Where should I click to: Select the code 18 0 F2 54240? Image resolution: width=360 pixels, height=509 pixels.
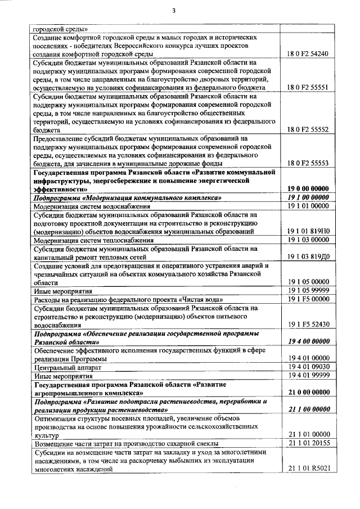pyautogui.click(x=308, y=53)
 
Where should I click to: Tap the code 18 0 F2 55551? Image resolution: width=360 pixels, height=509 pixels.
pyautogui.click(x=308, y=88)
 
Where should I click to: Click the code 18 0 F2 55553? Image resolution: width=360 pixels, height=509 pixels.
pyautogui.click(x=308, y=163)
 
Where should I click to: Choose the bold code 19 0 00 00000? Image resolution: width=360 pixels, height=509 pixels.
pyautogui.click(x=308, y=190)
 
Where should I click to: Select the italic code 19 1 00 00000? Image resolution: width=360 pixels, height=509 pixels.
pyautogui.click(x=308, y=198)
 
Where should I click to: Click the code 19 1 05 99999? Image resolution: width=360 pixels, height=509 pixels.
pyautogui.click(x=308, y=290)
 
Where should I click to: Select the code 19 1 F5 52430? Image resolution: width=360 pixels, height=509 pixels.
pyautogui.click(x=308, y=325)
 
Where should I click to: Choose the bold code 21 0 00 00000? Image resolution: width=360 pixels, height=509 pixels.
pyautogui.click(x=308, y=392)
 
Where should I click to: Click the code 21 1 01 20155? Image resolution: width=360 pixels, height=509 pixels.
pyautogui.click(x=308, y=443)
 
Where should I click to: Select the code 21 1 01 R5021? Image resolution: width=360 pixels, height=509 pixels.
pyautogui.click(x=308, y=468)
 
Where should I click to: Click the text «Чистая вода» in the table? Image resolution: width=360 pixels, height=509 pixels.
pyautogui.click(x=201, y=299)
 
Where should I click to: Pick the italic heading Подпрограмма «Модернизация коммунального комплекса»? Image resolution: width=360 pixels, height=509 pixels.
pyautogui.click(x=127, y=198)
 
